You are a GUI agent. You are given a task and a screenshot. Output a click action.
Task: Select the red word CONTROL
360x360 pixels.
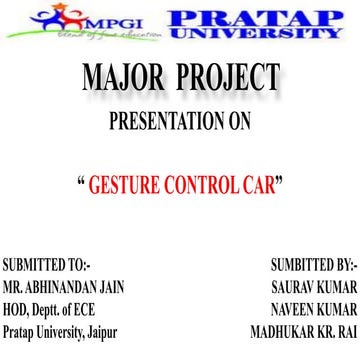(199, 186)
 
